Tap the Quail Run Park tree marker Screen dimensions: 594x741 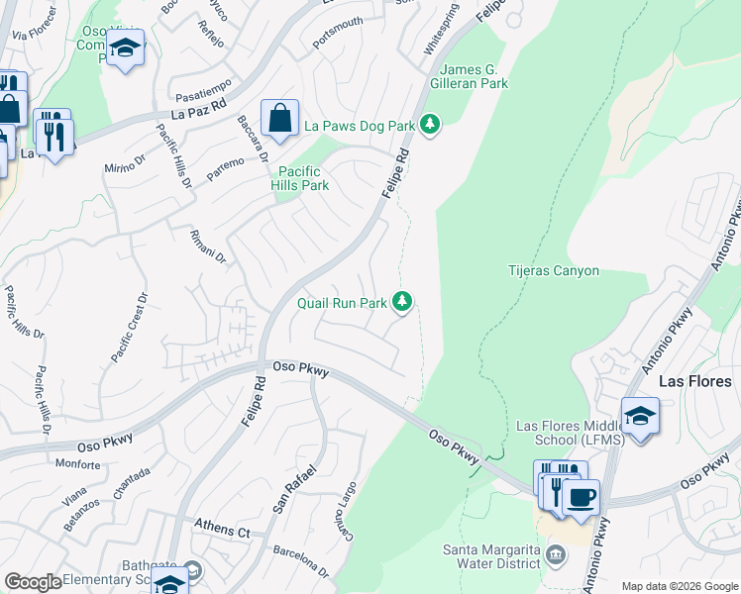[402, 302]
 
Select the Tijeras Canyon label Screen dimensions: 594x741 [554, 270]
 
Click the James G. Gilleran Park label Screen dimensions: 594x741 [474, 76]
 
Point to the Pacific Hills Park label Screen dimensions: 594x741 [301, 177]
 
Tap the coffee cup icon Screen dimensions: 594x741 [582, 496]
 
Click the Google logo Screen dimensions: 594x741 [33, 582]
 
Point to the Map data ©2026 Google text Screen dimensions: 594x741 [678, 586]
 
